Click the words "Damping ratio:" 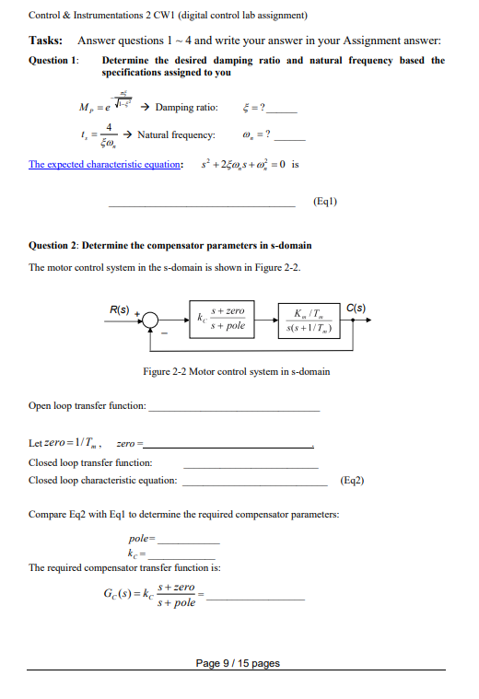point(186,108)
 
